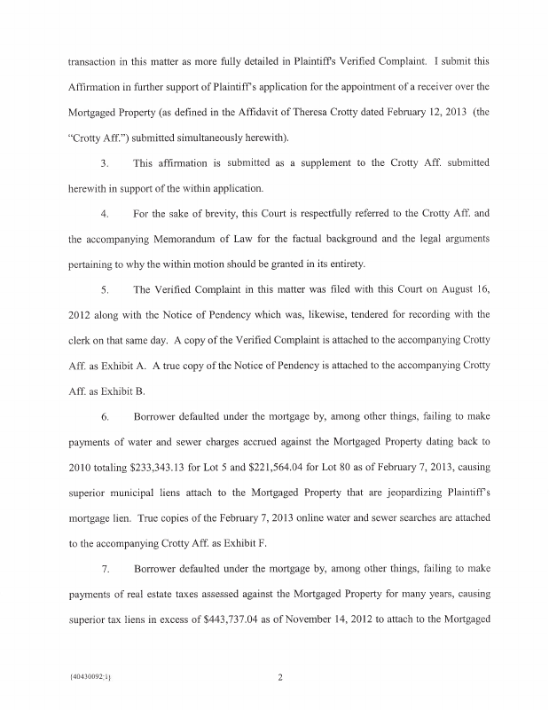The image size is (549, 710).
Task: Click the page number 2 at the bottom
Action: [278, 679]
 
